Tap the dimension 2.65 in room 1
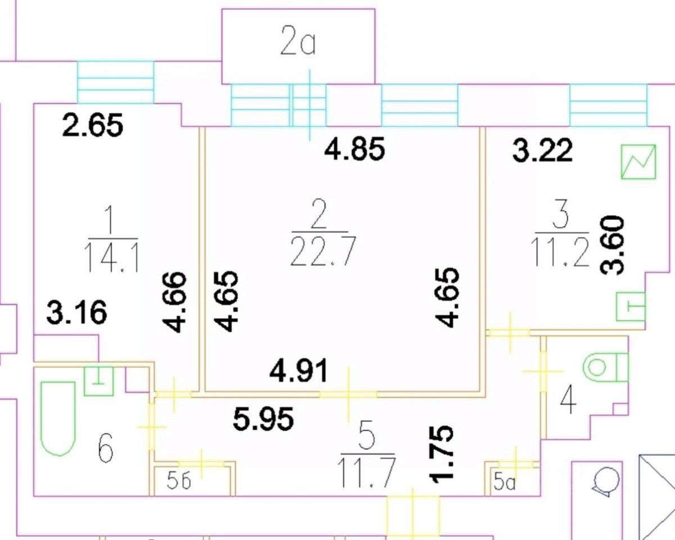[93, 125]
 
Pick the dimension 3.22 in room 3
[543, 151]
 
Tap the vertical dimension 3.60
[612, 244]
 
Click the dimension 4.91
[299, 371]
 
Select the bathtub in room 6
[58, 416]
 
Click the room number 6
[105, 451]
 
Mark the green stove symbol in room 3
[639, 161]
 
